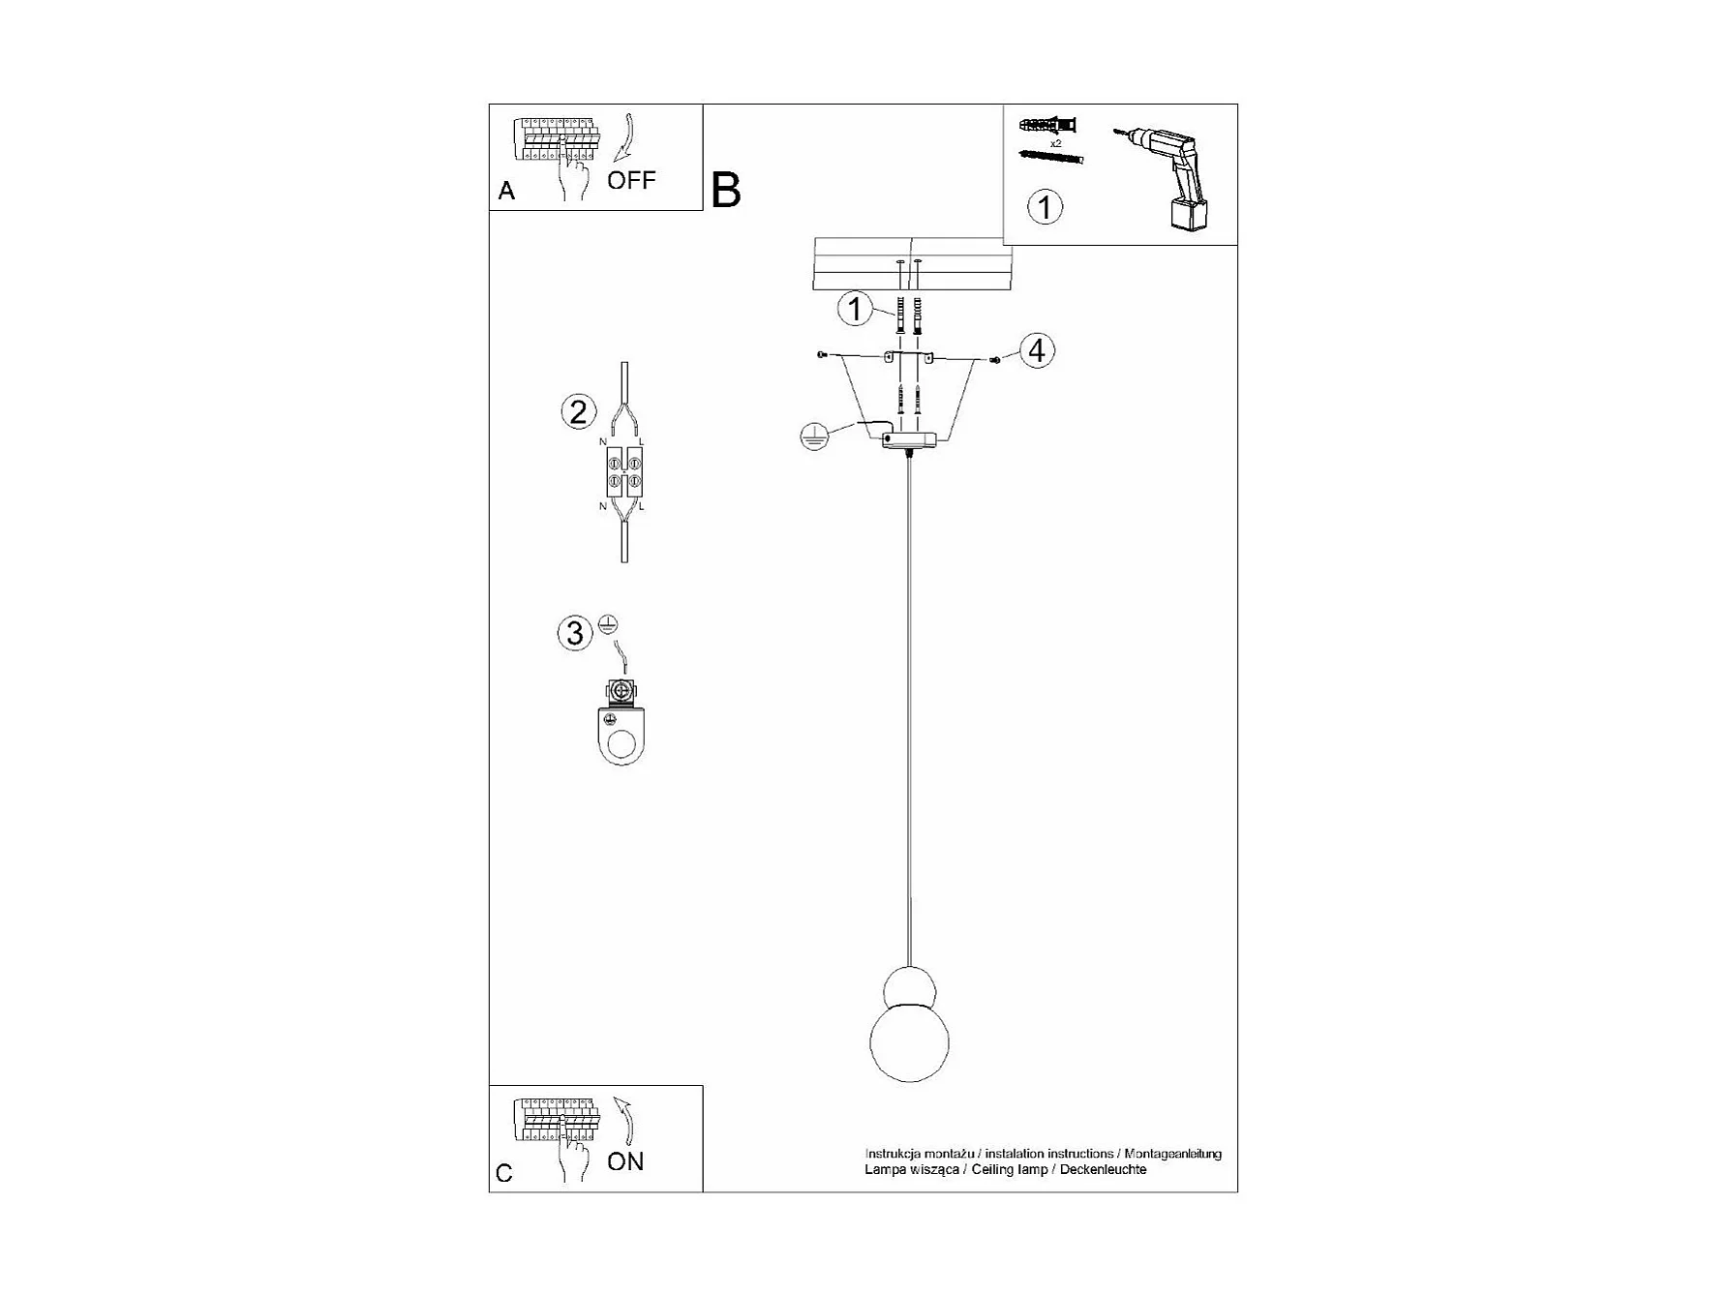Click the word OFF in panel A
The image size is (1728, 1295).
click(x=631, y=180)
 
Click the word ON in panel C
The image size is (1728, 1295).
click(x=625, y=1161)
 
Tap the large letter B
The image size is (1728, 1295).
click(x=726, y=191)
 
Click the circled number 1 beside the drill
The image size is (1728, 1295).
click(x=1045, y=206)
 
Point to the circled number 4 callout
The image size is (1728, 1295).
click(x=1037, y=350)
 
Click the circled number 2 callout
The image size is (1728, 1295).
click(x=578, y=412)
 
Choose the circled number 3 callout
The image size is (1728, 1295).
click(x=575, y=633)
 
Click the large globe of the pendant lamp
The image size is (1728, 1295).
click(x=909, y=1043)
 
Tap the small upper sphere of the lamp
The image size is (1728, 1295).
click(x=909, y=988)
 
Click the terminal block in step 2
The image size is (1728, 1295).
click(x=624, y=472)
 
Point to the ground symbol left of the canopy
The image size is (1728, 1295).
click(x=814, y=437)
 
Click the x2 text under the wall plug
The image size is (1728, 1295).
click(x=1055, y=142)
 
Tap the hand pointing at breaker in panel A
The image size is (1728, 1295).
click(x=573, y=174)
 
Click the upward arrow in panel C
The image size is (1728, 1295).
click(x=626, y=1121)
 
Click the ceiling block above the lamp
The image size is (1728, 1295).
click(x=912, y=263)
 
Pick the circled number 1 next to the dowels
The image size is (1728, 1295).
click(x=855, y=310)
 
